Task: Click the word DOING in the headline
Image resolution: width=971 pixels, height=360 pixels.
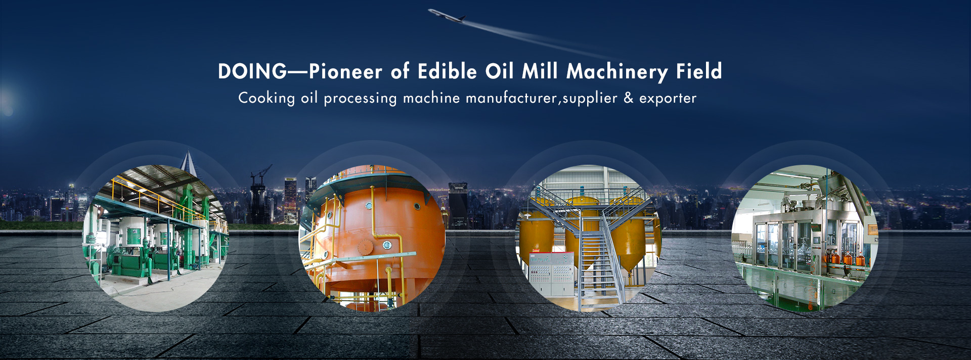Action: click(x=252, y=71)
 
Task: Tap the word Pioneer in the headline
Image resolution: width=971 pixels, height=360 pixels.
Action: click(x=346, y=71)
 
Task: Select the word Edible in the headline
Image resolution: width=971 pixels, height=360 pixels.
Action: click(x=448, y=71)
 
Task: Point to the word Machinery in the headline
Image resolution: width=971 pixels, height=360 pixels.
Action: click(x=617, y=72)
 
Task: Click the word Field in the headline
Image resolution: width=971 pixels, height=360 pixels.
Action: click(x=699, y=71)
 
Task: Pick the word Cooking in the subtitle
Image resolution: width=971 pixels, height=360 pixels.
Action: click(x=267, y=98)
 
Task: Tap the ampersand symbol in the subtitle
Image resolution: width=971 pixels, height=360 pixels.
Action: click(x=629, y=98)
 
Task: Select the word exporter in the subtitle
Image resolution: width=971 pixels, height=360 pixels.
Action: click(x=668, y=98)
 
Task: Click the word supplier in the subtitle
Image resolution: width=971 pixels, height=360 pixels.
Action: click(x=590, y=98)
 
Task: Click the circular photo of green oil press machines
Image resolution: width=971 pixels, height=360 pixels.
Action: click(x=156, y=238)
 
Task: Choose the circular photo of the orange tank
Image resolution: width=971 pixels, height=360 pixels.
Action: click(x=372, y=238)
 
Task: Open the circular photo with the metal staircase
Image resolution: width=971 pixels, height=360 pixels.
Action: click(x=588, y=238)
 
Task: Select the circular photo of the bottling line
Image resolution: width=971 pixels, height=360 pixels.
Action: click(x=805, y=238)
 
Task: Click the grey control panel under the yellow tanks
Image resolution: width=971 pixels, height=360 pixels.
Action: click(x=551, y=274)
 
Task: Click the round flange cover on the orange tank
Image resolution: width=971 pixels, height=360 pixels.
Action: click(x=365, y=247)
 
